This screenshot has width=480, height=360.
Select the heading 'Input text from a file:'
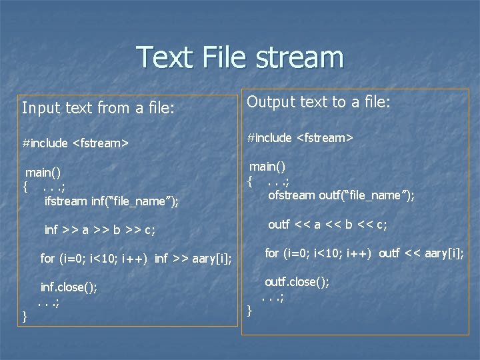coord(99,107)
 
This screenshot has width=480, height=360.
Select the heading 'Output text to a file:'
coord(319,101)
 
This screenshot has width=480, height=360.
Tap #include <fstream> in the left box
coord(75,143)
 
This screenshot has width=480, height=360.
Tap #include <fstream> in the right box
coord(300,137)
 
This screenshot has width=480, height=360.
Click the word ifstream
coord(65,200)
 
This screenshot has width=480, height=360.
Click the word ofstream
coord(291,195)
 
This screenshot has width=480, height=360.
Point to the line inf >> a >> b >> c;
coord(99,230)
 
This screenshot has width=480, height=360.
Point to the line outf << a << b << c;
coord(327,225)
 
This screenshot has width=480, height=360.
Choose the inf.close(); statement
coord(69,287)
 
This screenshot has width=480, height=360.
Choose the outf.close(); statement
coord(297,282)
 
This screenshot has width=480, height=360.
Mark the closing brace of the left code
coord(25,315)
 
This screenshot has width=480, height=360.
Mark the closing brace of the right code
coord(249,310)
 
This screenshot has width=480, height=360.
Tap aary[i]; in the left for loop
coord(212,258)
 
